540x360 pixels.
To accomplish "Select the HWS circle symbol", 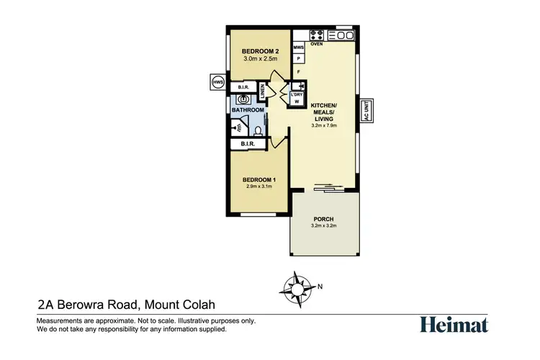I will pos(217,83).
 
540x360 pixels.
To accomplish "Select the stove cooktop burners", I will pos(316,35).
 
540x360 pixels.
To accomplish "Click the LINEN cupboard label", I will pos(264,90).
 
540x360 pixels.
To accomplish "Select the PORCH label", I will pos(323,218).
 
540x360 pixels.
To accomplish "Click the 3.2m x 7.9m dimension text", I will pos(323,125).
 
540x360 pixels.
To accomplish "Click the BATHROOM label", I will pos(248,110).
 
